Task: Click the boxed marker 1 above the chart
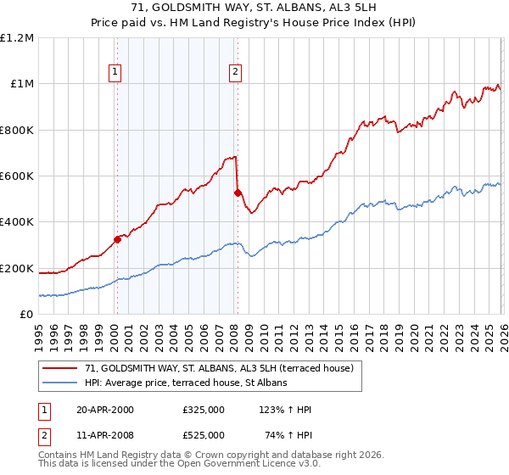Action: coord(115,72)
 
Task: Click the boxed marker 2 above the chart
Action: coord(234,72)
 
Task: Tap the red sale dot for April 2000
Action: coord(118,239)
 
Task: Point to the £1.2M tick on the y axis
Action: coord(17,38)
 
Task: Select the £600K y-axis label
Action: coord(17,176)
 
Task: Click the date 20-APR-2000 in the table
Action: coord(105,410)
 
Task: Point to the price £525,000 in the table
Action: coord(203,435)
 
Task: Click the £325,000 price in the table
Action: coord(203,410)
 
